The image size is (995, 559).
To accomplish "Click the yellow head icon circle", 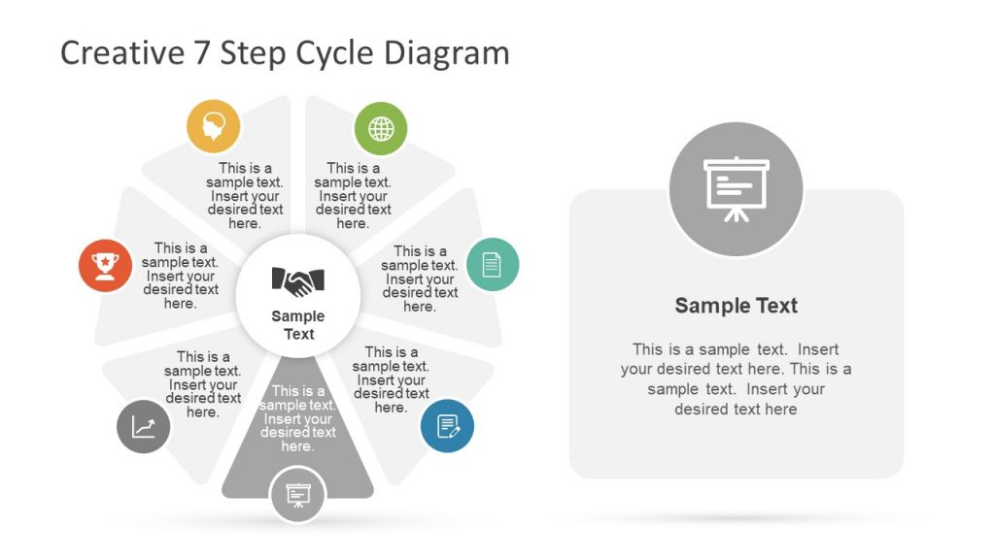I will point(213,126).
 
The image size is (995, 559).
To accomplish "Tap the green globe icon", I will point(381,128).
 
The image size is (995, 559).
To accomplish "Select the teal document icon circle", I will point(493,264).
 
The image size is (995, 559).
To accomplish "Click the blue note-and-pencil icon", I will point(447,426).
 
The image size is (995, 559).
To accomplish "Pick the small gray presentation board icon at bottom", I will point(297,495).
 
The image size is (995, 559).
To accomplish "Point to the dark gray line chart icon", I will point(144,426).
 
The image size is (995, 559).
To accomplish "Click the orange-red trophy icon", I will point(105,265).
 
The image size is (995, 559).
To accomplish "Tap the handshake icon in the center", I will point(298,281).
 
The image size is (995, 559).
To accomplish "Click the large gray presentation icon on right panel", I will point(736,189).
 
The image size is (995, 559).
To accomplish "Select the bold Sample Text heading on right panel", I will point(736,306).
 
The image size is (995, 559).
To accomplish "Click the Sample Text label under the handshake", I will point(298,325).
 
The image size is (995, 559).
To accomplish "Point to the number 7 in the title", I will point(200,52).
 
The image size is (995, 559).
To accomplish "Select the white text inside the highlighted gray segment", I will point(297,418).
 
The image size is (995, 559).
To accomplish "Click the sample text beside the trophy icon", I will point(180,276).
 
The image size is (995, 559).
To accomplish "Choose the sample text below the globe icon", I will point(353,195).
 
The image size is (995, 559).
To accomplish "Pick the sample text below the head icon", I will point(245,195).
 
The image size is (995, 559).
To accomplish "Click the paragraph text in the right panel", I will point(736,378).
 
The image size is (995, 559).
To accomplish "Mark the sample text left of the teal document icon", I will point(420,279).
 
